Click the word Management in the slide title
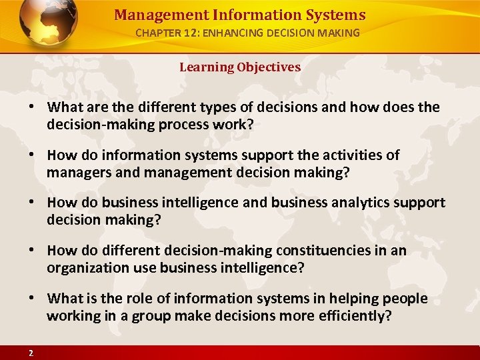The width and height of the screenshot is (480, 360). point(149,15)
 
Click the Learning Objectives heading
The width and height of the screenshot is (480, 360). point(240,67)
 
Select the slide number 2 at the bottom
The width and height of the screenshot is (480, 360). point(31,353)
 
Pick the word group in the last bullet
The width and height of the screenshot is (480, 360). point(133,315)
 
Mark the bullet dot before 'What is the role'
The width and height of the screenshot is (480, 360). point(32,299)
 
